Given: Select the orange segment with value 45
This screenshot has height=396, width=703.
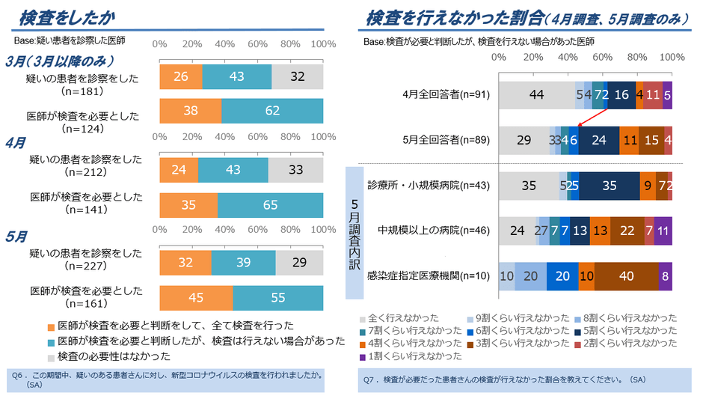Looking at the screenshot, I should click(196, 297).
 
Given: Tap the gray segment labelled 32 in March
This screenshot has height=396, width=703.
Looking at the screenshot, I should click(297, 76).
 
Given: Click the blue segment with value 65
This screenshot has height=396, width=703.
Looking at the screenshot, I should click(270, 205).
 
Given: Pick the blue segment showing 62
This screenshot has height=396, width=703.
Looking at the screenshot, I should click(272, 111).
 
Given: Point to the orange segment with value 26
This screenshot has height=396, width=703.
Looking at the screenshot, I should click(180, 76).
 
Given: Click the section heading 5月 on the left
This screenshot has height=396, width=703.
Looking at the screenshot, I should click(16, 236).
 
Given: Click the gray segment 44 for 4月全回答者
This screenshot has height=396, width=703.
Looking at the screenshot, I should click(535, 94).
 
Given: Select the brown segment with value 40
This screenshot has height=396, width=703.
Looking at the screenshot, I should click(626, 275).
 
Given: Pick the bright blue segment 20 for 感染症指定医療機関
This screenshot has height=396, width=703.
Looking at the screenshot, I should click(562, 275).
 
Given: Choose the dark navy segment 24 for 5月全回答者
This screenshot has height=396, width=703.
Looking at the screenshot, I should click(598, 140).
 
